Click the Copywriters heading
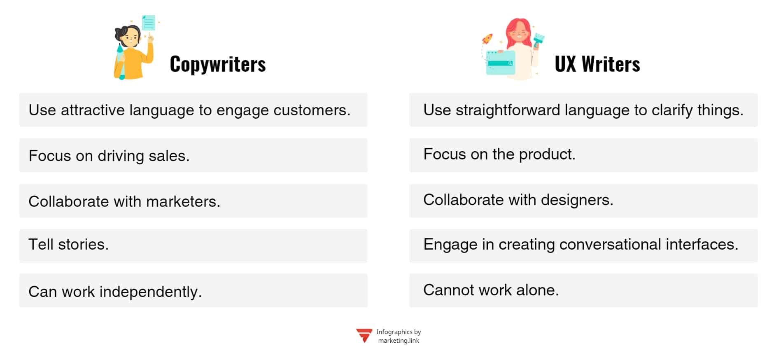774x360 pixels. point(218,64)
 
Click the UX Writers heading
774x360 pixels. point(597,64)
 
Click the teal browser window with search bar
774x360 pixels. point(500,63)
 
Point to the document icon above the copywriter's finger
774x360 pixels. point(148,23)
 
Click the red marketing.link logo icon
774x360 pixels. point(364,335)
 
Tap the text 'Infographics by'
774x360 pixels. point(398,332)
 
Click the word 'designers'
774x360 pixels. point(576,200)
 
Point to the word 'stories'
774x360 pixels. point(83,245)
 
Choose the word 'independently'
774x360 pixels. point(150,292)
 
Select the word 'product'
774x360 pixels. point(546,154)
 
